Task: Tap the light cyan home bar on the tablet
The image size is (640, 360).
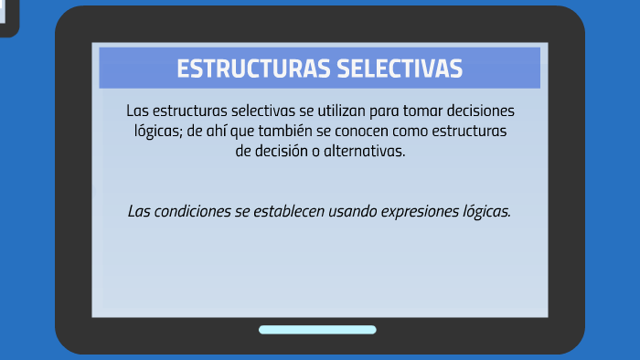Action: (x=317, y=330)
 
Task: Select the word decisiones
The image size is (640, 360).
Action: (x=476, y=111)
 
